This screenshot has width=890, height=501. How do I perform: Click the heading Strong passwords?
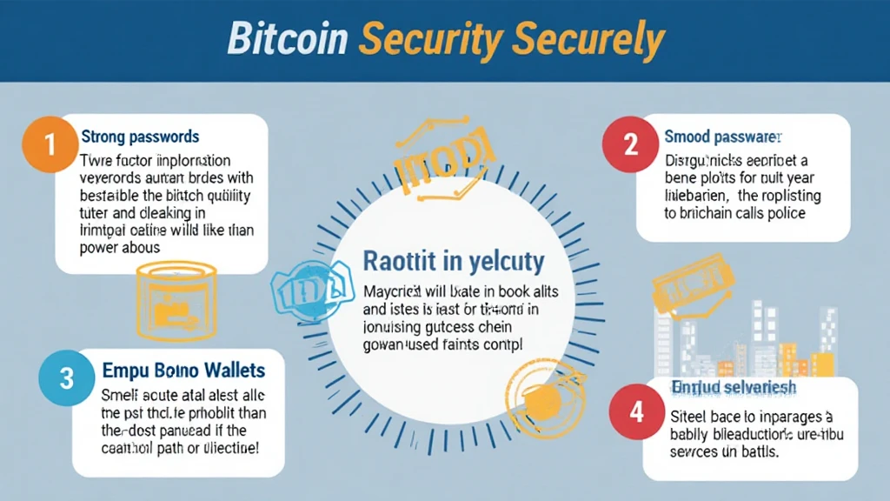point(140,137)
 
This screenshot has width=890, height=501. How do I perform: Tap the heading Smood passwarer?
point(723,137)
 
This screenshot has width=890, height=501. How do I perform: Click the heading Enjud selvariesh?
point(722,386)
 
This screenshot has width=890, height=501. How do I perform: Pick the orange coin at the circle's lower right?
point(544,395)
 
